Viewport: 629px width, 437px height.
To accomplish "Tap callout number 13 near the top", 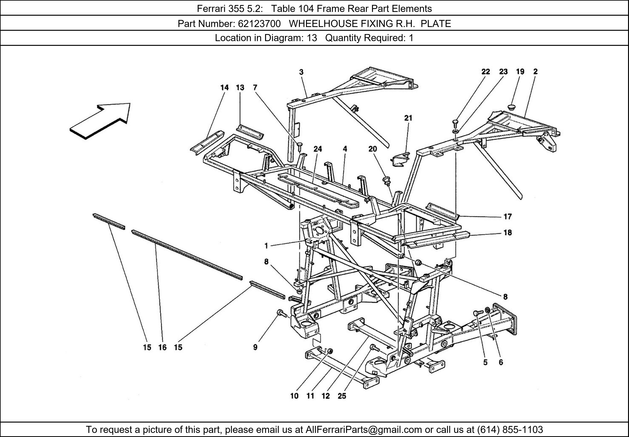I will [x=240, y=87].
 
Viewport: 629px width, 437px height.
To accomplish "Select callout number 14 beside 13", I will [x=224, y=87].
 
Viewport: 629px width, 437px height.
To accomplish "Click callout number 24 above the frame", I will [x=317, y=149].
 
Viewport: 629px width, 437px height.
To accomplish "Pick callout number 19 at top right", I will [x=520, y=72].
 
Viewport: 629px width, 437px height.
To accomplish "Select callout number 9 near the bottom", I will [x=255, y=347].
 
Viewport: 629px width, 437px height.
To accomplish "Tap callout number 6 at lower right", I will [x=501, y=362].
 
